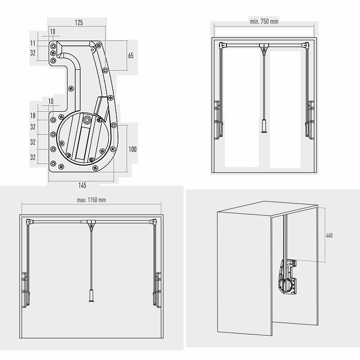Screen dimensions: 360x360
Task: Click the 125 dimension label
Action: coord(79,22)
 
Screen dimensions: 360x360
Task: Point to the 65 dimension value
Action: coord(130,56)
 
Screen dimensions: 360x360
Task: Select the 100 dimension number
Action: coord(132,149)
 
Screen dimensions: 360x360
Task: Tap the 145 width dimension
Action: coord(82,185)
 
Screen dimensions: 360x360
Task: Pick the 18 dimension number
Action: coord(33,116)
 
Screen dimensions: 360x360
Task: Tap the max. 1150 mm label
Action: coord(91,199)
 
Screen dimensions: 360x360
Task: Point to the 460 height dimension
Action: coord(329,235)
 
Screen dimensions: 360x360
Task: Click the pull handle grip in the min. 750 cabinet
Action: coord(264,126)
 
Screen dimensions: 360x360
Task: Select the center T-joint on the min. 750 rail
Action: coord(264,46)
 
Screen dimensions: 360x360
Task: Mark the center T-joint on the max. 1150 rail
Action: coord(91,222)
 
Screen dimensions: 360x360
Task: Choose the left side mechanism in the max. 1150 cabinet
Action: coord(25,288)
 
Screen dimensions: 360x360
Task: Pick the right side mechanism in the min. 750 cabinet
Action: coord(310,119)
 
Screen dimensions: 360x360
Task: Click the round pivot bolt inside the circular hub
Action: coord(87,120)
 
